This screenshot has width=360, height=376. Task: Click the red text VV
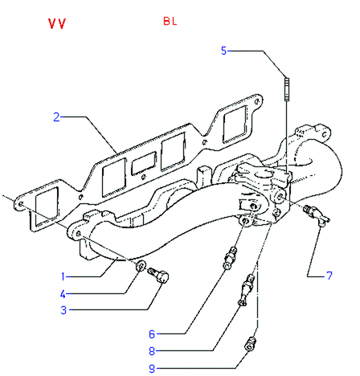point(57,23)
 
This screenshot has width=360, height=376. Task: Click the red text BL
point(170,21)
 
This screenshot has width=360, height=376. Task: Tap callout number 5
point(223,51)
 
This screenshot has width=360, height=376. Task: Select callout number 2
point(56,117)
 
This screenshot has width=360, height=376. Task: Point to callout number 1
point(63,276)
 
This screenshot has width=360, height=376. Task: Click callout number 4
point(63,294)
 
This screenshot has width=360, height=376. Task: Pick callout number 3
point(63,310)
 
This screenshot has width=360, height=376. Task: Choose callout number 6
point(152,334)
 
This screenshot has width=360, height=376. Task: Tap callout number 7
point(329,276)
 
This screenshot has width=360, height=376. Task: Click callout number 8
point(152,351)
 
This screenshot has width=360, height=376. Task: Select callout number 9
point(152,369)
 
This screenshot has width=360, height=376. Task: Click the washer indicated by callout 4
point(141,265)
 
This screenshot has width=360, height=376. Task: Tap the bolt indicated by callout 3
point(158,275)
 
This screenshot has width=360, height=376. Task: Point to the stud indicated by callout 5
point(287,89)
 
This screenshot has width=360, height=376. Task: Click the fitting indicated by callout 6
point(230,258)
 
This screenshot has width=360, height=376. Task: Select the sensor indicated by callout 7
point(316,215)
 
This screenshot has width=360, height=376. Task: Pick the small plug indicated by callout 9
point(250,344)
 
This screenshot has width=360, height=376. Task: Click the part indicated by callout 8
point(245,289)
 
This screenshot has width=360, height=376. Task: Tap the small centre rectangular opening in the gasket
point(144,163)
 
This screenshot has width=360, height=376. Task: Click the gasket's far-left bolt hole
point(21,204)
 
